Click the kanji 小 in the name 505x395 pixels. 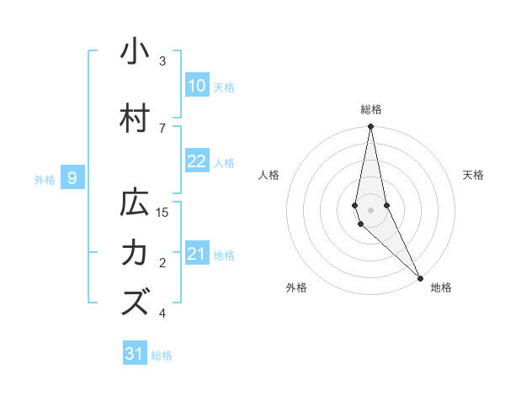tap(135, 52)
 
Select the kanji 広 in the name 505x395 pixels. tap(135, 203)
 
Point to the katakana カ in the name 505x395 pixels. tap(135, 253)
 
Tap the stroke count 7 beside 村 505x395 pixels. tap(162, 128)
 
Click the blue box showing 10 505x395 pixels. tap(197, 86)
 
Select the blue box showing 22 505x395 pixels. tap(197, 161)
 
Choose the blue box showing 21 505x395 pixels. tap(197, 254)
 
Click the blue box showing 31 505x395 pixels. tap(135, 354)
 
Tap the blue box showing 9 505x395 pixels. tap(73, 177)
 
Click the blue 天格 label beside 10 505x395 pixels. tap(224, 87)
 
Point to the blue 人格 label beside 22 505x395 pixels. tap(224, 163)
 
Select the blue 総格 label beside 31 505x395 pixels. tap(162, 355)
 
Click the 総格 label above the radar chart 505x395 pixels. tap(371, 109)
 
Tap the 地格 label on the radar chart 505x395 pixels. tap(441, 287)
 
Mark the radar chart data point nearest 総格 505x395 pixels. tap(370, 127)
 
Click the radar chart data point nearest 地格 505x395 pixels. tap(420, 277)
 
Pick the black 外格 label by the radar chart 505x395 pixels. tap(296, 287)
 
